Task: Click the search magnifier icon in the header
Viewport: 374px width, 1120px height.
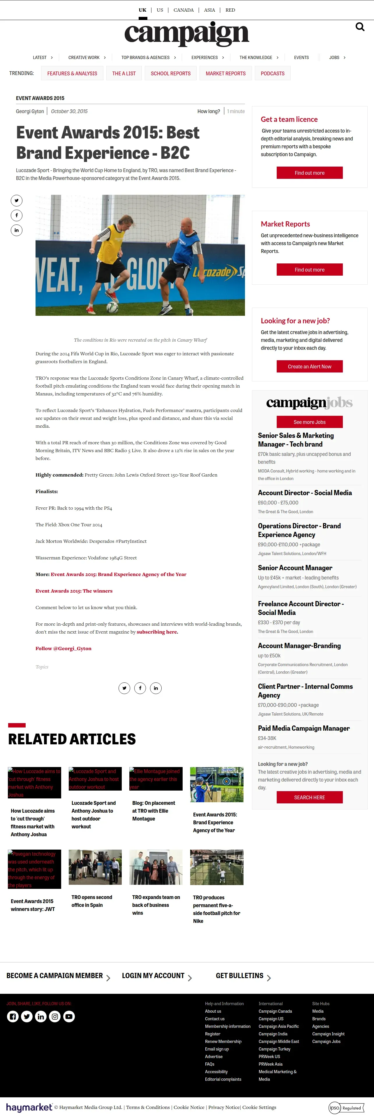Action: (360, 27)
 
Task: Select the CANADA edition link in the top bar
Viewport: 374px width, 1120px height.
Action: (183, 10)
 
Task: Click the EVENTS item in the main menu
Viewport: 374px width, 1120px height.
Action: (301, 57)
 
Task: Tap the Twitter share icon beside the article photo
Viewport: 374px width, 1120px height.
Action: (17, 200)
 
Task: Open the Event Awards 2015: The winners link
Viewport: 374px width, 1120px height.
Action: (74, 591)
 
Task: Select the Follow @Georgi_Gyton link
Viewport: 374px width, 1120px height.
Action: (63, 648)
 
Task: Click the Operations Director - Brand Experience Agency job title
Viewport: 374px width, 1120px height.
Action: (299, 530)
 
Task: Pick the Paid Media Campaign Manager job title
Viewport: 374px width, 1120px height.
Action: (304, 728)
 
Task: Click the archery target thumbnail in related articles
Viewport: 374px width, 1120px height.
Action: (217, 784)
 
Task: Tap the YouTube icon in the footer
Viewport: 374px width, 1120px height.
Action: (69, 1016)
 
